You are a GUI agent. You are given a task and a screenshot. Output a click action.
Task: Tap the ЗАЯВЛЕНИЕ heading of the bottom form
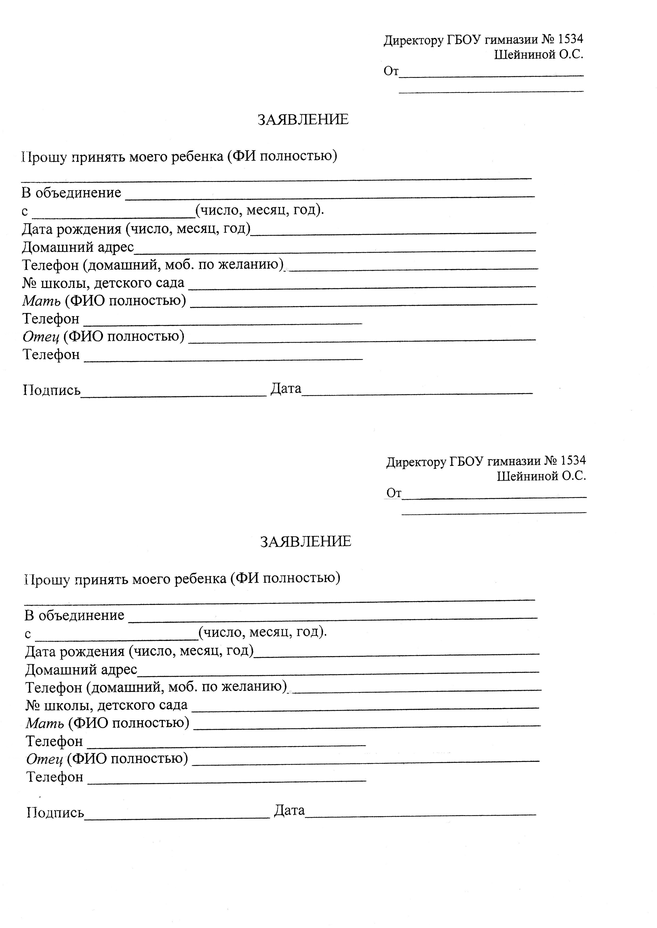tap(306, 541)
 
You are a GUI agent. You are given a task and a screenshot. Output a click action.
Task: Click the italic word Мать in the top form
tap(41, 301)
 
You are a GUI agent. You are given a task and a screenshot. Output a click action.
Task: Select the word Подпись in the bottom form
tap(55, 812)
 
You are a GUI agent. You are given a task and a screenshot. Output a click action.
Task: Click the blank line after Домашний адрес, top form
tap(335, 249)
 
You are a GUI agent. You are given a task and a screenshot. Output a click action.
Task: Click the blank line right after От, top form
tap(491, 74)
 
